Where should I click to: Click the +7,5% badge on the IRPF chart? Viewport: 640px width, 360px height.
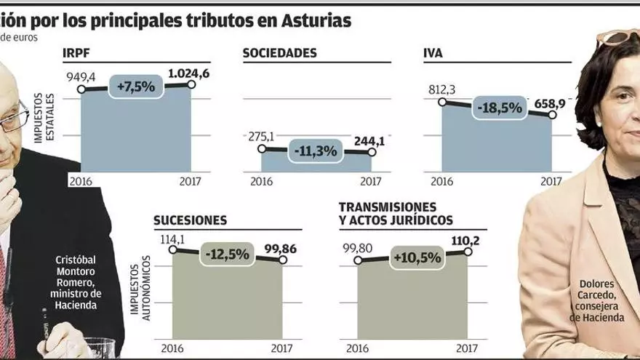tap(136, 87)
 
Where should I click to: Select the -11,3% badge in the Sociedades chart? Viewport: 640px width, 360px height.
tap(316, 151)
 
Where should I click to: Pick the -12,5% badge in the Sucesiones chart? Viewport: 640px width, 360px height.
tap(227, 255)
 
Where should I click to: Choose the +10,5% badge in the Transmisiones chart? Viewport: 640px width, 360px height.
tap(412, 257)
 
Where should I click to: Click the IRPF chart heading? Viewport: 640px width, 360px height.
tap(77, 53)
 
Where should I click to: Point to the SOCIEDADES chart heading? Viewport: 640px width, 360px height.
tap(279, 53)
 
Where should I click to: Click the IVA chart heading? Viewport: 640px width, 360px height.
tap(433, 53)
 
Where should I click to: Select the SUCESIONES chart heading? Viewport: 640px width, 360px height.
tap(190, 220)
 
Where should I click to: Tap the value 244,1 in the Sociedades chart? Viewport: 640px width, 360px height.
tap(369, 140)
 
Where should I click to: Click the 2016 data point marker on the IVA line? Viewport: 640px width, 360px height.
tap(441, 102)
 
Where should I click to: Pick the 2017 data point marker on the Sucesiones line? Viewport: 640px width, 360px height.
tap(283, 260)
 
